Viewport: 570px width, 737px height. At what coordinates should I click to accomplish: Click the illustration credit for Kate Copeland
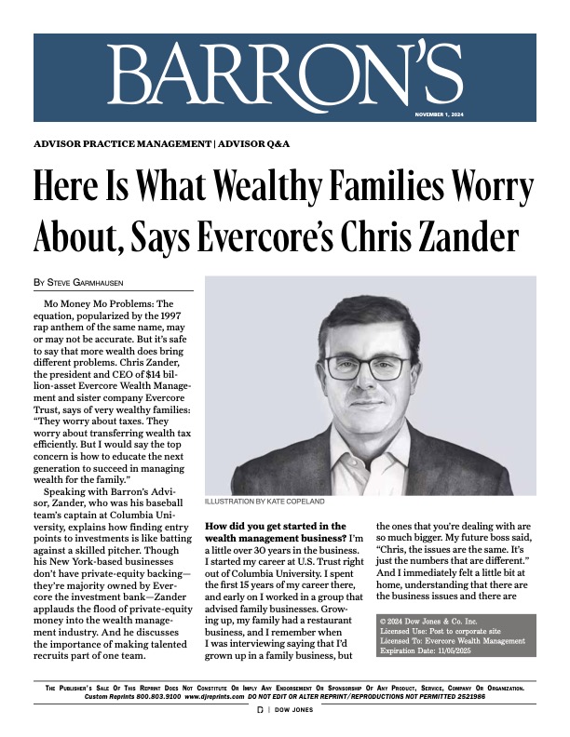(x=265, y=502)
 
